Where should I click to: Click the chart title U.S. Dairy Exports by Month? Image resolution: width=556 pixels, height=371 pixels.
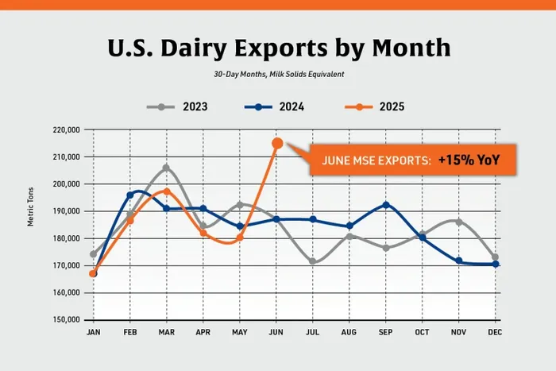(278, 47)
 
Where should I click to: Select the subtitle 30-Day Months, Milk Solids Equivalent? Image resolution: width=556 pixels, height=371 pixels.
(278, 74)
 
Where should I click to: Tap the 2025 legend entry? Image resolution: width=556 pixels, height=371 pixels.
(380, 106)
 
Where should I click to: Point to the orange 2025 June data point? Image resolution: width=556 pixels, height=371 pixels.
(277, 143)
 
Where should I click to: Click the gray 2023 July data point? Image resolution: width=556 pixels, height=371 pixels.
(314, 261)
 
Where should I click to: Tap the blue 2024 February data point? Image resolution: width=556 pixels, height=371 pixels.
(130, 195)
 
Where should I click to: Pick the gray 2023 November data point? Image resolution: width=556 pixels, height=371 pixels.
(459, 222)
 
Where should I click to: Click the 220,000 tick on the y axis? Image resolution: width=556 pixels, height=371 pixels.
(67, 129)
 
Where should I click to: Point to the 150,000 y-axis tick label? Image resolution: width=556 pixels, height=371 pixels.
(67, 319)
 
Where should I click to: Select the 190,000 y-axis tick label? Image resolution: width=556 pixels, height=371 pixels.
(67, 211)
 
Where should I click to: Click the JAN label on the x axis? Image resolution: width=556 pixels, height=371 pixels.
(93, 333)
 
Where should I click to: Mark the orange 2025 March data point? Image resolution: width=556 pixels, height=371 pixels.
(167, 191)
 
